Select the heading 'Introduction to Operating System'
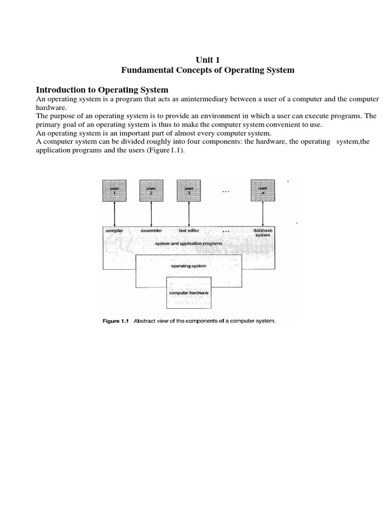[102, 90]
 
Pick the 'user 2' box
[151, 190]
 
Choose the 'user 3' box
[188, 190]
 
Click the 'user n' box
[263, 190]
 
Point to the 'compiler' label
[114, 231]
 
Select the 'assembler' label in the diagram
[151, 231]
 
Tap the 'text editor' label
[189, 231]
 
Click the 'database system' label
[263, 233]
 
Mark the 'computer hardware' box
[188, 292]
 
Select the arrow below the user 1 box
[115, 213]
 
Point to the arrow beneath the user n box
[263, 213]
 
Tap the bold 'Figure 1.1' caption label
[116, 320]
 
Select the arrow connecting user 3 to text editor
[188, 213]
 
